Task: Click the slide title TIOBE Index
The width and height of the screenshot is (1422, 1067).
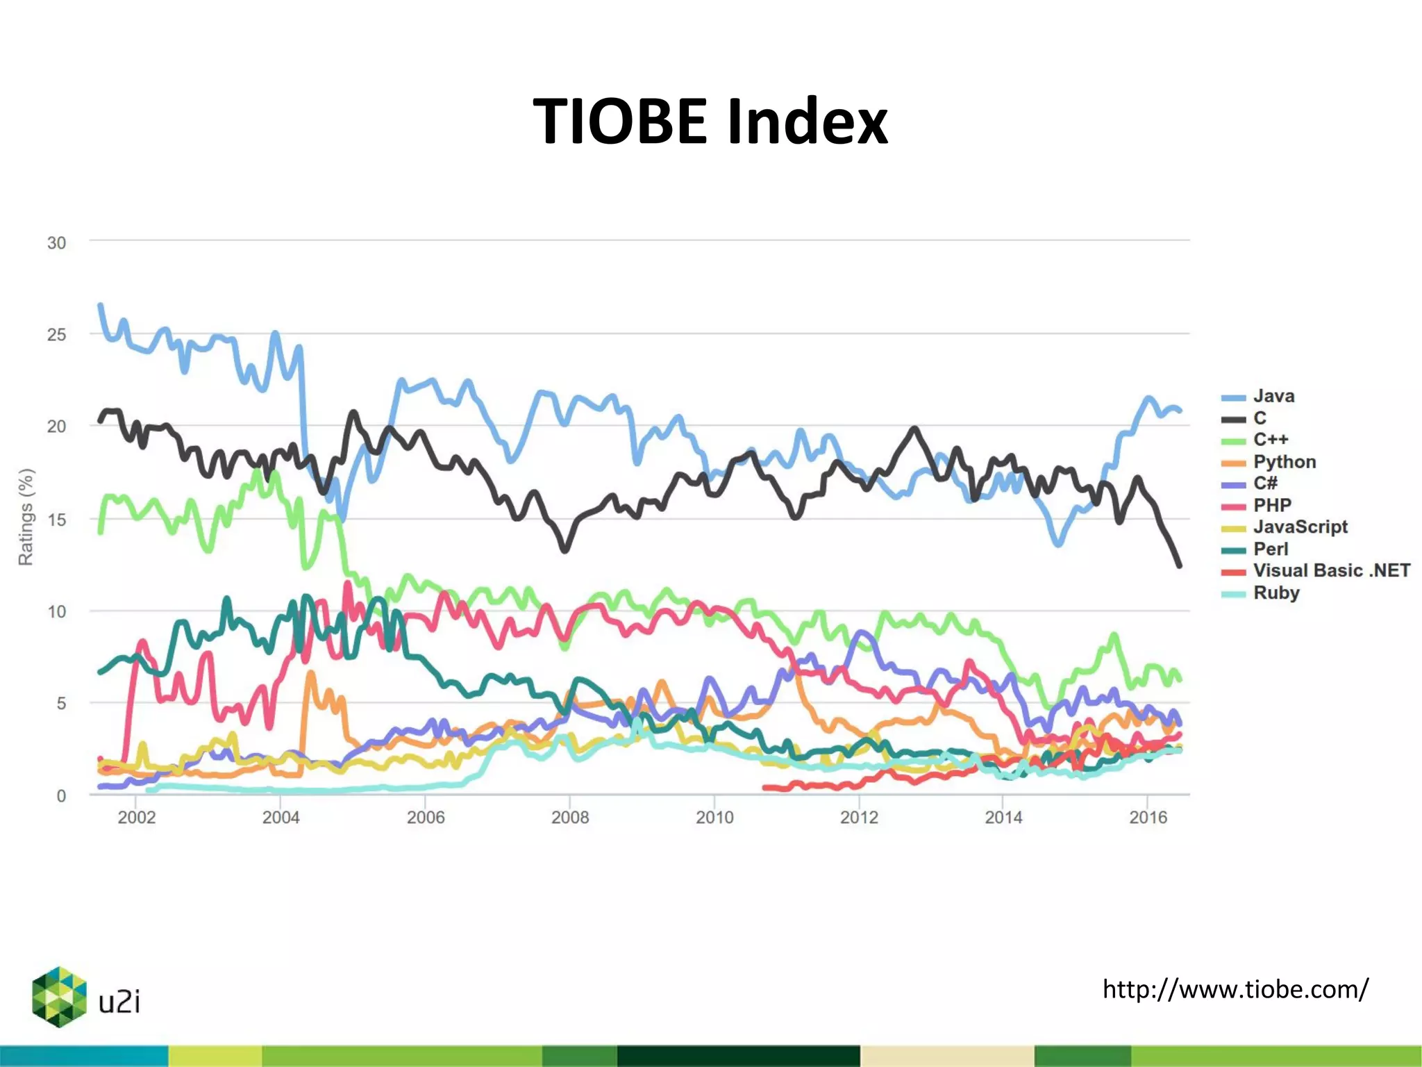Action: [x=710, y=122]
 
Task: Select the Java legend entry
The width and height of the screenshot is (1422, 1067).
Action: [x=1273, y=397]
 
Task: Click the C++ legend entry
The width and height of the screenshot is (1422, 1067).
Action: [x=1270, y=440]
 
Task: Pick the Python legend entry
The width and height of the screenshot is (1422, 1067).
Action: [x=1284, y=462]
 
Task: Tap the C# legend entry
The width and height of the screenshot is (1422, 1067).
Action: [x=1264, y=483]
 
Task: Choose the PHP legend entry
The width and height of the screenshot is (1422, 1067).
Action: [x=1271, y=506]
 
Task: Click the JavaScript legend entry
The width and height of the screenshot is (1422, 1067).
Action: [x=1300, y=527]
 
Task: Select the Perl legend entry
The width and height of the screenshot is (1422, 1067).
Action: [x=1270, y=549]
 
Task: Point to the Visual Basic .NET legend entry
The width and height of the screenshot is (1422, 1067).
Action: [x=1331, y=571]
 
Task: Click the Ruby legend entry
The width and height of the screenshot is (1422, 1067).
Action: [x=1275, y=593]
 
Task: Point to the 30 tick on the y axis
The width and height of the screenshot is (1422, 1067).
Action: [x=57, y=243]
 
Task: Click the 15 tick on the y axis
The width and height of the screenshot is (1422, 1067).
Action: [x=57, y=520]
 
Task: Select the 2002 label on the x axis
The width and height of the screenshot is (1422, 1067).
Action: [x=136, y=818]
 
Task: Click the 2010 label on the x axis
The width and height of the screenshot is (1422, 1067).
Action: [x=714, y=818]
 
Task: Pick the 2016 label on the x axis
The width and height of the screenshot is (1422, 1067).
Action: [x=1148, y=818]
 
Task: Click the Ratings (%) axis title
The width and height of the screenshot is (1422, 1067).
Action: [x=26, y=517]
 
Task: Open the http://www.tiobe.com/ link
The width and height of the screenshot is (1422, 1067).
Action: [x=1235, y=989]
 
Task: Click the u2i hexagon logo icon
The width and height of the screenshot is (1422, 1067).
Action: [x=59, y=997]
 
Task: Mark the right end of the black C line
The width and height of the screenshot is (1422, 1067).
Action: [x=1179, y=565]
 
